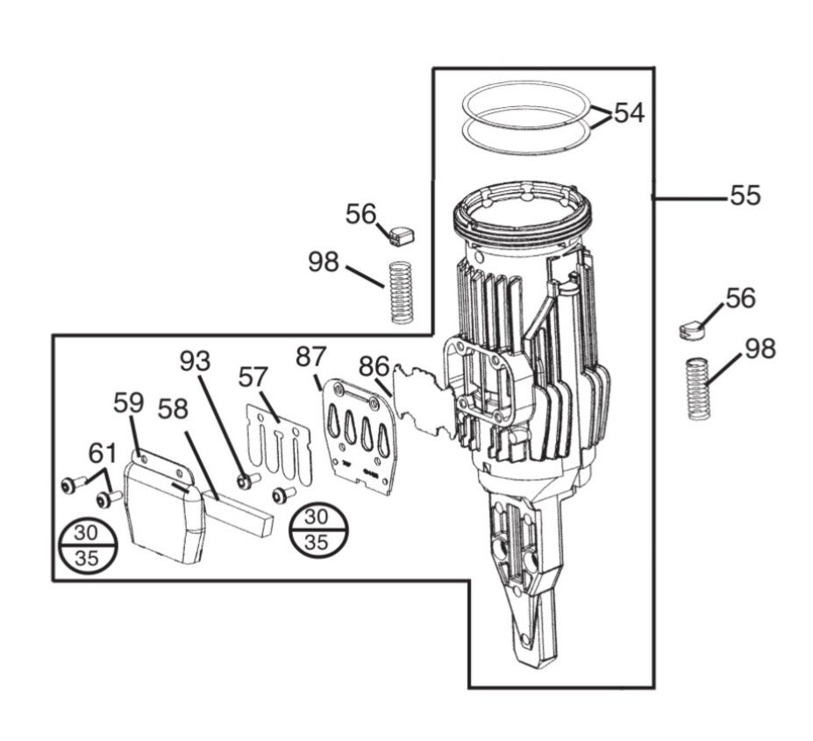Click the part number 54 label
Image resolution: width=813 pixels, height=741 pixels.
tap(629, 112)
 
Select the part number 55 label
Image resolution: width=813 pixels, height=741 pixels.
tap(745, 196)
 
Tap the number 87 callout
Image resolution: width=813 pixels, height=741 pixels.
tap(311, 357)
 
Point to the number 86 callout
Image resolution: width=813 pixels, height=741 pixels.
tap(374, 367)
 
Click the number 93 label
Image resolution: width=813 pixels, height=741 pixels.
tap(195, 361)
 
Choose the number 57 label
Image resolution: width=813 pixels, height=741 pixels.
tap(253, 377)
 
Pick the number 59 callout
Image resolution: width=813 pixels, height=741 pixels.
tap(129, 403)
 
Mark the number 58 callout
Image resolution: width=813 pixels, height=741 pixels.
tap(173, 410)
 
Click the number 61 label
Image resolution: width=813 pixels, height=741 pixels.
tap(103, 453)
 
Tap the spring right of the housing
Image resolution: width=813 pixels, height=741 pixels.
tap(698, 388)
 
